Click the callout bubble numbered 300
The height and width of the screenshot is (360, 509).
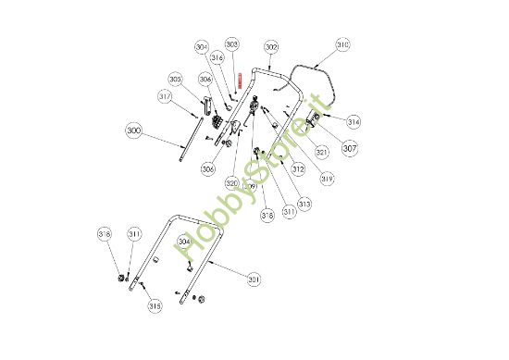134,132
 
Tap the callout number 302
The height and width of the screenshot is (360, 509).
271,45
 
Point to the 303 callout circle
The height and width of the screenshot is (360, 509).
232,43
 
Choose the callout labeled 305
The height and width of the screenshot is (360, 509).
175,80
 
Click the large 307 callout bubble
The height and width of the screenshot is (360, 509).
350,146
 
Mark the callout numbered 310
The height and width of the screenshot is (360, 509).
342,44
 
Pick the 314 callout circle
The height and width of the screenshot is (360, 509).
354,121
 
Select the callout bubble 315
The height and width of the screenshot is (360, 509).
154,305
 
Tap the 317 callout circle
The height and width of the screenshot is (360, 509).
165,95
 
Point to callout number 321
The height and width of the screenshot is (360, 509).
322,152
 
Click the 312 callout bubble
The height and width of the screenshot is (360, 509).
298,169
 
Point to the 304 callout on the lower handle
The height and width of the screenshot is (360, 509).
184,242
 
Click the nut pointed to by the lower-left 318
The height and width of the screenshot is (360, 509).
120,278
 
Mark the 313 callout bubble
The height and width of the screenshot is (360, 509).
304,204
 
